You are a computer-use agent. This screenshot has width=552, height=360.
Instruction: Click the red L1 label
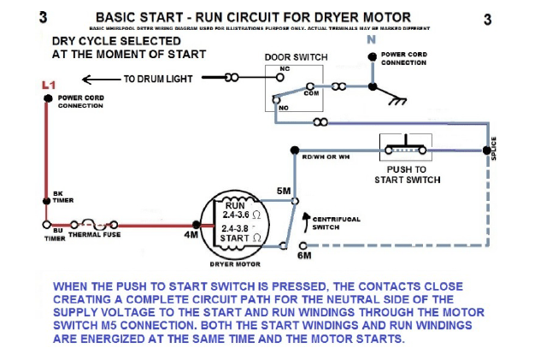48,85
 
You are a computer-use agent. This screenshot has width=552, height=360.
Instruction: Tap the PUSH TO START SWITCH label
408,174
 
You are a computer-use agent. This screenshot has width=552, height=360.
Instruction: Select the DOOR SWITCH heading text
296,57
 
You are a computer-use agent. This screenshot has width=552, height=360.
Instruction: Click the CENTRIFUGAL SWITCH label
337,222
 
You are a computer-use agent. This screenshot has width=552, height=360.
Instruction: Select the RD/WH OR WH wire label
326,156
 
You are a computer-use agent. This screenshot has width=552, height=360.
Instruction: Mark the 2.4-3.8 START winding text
240,233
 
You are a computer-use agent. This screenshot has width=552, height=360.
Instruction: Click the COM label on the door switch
311,93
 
